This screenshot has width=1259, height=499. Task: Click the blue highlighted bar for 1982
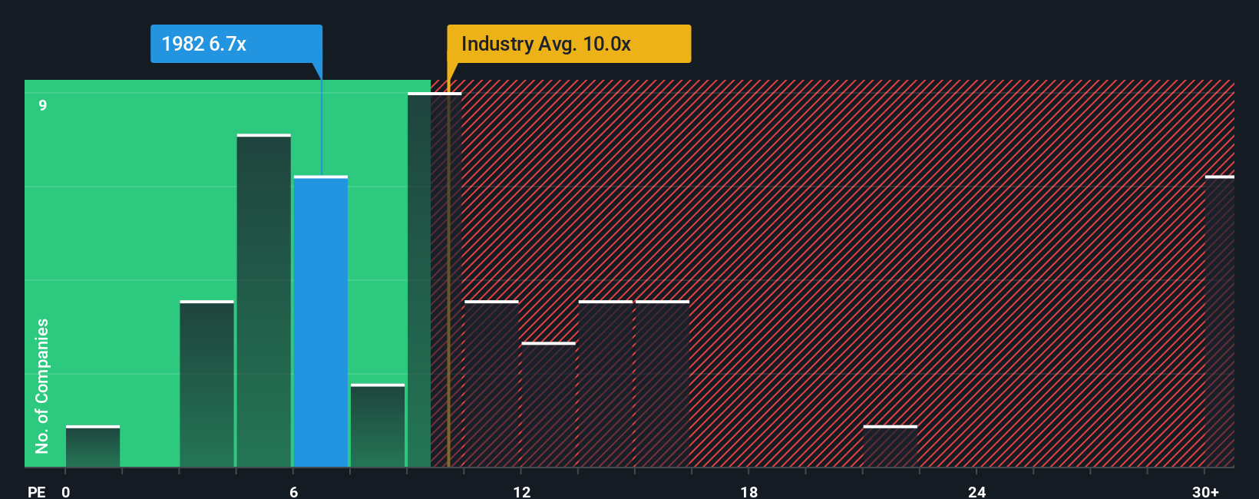(x=321, y=322)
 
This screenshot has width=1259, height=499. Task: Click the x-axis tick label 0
(x=66, y=491)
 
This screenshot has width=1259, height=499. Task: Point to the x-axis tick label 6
(x=293, y=491)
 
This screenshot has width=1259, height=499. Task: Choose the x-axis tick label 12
(x=521, y=491)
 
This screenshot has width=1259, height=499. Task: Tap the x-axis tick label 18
(x=749, y=491)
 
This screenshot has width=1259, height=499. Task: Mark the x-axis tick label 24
(x=976, y=491)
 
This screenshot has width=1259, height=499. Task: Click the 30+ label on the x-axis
(x=1205, y=491)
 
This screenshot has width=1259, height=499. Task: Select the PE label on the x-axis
(x=37, y=491)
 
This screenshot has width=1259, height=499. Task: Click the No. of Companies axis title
(x=42, y=385)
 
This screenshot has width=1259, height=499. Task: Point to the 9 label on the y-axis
(x=43, y=105)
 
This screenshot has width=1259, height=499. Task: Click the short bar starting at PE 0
(x=93, y=447)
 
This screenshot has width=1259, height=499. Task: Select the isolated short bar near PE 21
(x=890, y=447)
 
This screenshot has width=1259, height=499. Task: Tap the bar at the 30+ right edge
(x=1219, y=322)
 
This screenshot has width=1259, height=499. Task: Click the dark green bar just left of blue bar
(x=263, y=301)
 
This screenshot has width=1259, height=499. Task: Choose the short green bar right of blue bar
(x=378, y=426)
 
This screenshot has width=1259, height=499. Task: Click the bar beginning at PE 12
(x=548, y=405)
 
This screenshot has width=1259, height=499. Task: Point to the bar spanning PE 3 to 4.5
(x=207, y=384)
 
